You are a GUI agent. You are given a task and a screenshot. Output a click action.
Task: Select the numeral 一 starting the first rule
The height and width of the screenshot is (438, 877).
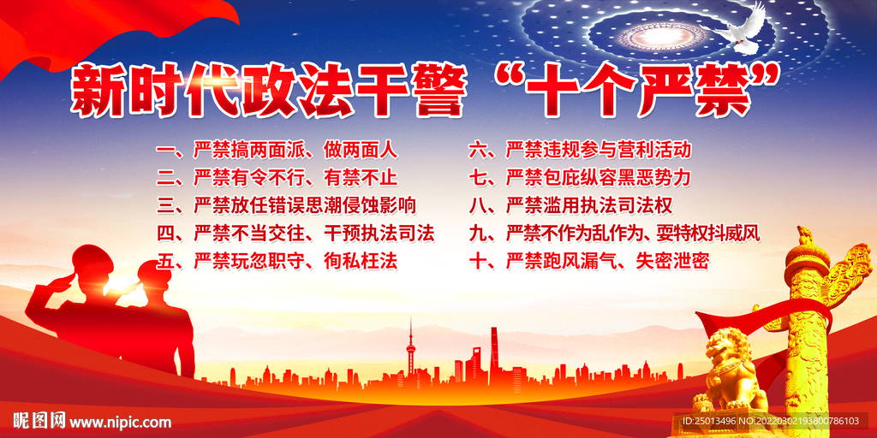(x=167, y=151)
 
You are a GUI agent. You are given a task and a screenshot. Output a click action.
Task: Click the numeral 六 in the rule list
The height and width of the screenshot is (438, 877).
(x=480, y=151)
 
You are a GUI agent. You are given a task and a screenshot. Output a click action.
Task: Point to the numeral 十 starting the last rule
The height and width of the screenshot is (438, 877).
(x=480, y=261)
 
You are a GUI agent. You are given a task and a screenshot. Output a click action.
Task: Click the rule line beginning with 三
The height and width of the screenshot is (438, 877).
(x=287, y=205)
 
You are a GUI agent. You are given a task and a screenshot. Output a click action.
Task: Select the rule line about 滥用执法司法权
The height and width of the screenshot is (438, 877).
(x=571, y=205)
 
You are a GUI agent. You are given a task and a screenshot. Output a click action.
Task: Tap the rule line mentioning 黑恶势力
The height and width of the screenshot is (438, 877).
(x=581, y=178)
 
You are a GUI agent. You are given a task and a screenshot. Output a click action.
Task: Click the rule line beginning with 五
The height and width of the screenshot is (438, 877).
(x=277, y=261)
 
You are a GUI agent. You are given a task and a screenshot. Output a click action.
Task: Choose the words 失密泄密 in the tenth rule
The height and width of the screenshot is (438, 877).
(x=671, y=261)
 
